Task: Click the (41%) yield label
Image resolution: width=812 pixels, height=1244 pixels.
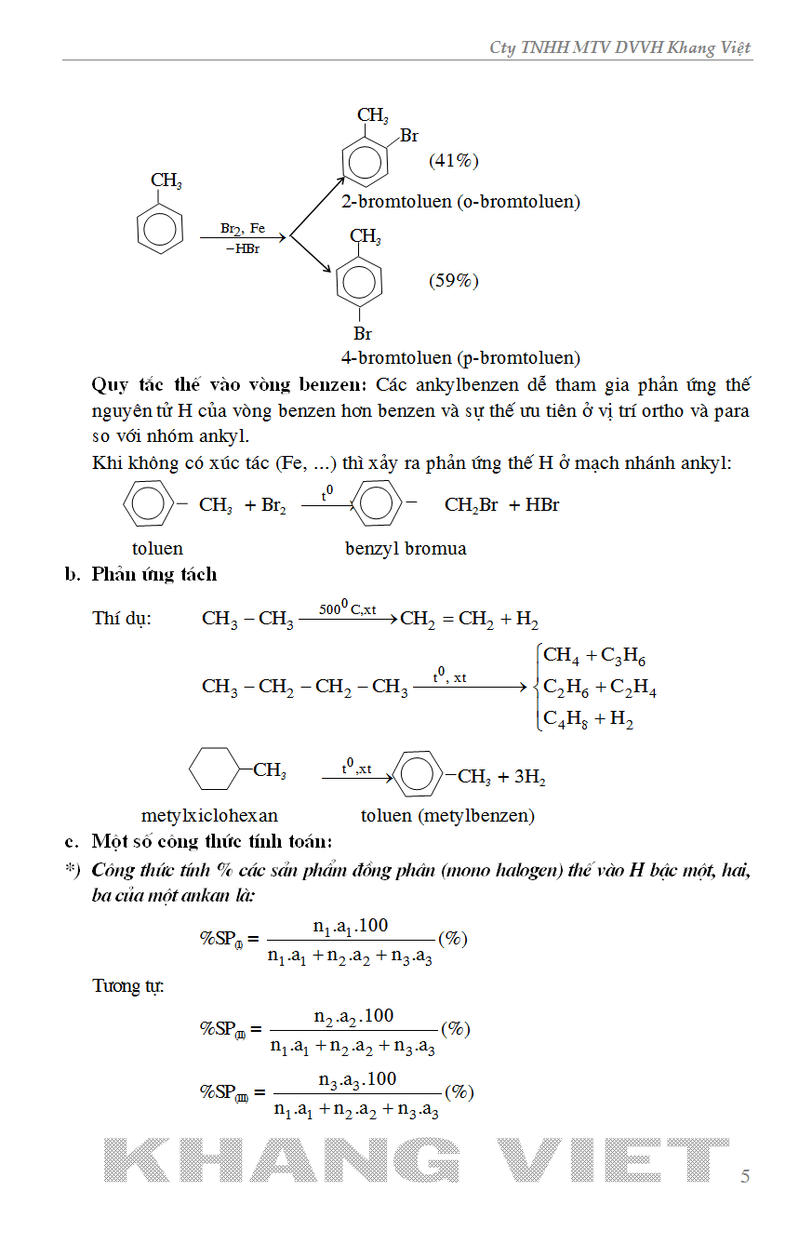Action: (x=453, y=160)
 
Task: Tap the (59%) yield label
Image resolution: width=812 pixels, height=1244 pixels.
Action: (x=453, y=280)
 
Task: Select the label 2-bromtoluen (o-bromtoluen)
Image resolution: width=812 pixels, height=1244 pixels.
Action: (x=460, y=201)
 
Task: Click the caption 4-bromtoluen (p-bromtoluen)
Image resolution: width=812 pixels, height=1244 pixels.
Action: (x=460, y=357)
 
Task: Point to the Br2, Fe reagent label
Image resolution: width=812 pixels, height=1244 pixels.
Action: (x=243, y=228)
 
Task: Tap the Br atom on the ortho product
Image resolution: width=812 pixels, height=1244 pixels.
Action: (x=409, y=136)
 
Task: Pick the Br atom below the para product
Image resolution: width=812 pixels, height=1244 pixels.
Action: (x=363, y=333)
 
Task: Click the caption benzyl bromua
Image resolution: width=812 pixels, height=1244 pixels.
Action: (x=406, y=548)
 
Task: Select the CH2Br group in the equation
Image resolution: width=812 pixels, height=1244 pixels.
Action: (x=471, y=505)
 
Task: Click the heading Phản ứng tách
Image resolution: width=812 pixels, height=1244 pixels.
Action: (x=154, y=574)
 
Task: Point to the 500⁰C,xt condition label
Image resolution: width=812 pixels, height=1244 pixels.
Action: (x=347, y=609)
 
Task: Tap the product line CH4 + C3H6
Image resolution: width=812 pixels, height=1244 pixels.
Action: (x=594, y=656)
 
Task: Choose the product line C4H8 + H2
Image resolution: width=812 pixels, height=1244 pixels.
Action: (x=588, y=718)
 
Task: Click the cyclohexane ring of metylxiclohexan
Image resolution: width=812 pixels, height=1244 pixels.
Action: (x=214, y=770)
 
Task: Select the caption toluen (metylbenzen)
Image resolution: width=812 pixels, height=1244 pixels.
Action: (x=447, y=816)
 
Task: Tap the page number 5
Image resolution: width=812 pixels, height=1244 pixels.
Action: (x=745, y=1176)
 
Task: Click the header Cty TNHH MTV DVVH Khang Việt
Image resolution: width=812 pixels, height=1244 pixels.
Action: (x=619, y=47)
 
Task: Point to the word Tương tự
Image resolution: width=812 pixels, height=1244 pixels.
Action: (x=128, y=984)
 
